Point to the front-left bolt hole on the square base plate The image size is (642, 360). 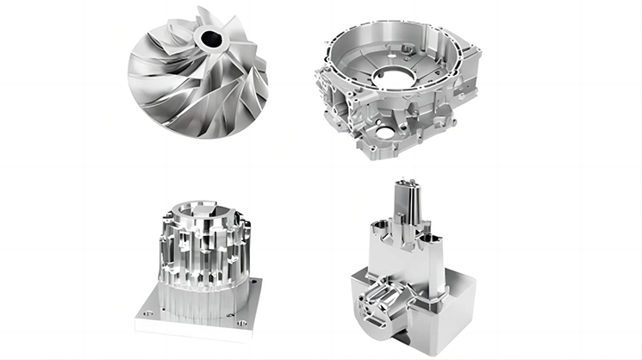coord(147,314)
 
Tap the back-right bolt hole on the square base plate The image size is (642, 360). coord(257,281)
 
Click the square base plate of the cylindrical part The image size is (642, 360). coord(198,310)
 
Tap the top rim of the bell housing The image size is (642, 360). coord(405,34)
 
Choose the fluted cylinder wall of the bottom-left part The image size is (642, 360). coord(200,254)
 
